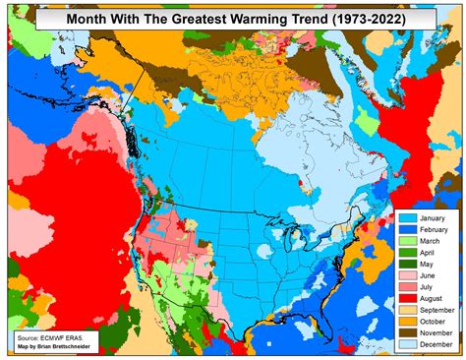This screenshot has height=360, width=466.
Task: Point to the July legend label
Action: click(425, 288)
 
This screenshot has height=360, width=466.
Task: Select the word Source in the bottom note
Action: click(27, 337)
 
